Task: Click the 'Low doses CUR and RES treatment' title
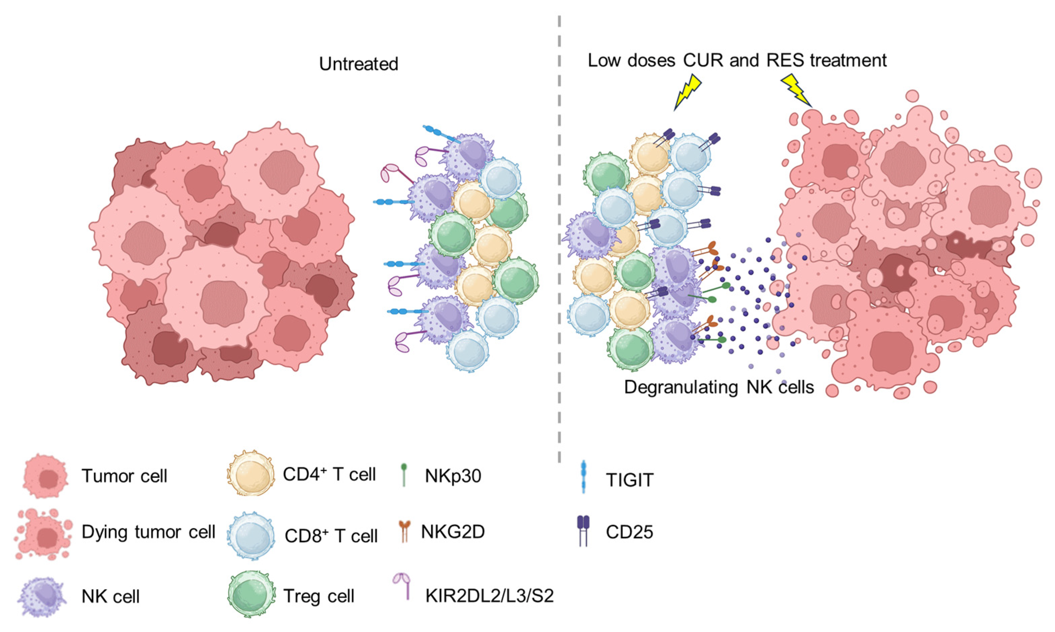(737, 60)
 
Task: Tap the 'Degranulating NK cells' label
(719, 387)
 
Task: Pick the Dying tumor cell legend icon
(44, 533)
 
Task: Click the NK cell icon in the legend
(42, 596)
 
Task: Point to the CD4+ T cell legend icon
(250, 473)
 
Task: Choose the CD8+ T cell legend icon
(250, 535)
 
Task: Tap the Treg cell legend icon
(250, 595)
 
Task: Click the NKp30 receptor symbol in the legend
(404, 475)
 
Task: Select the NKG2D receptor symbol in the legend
(404, 532)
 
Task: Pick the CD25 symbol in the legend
(583, 531)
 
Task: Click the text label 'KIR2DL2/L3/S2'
(489, 595)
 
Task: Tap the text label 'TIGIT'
(629, 480)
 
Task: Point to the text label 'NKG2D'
(453, 532)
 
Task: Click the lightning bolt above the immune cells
(687, 92)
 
